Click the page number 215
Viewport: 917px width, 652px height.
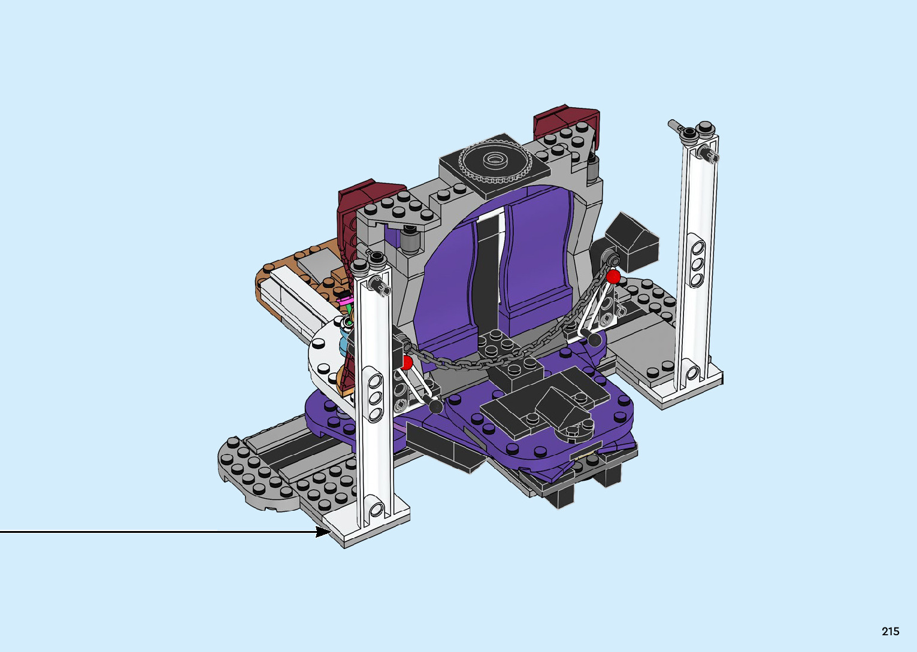pyautogui.click(x=891, y=631)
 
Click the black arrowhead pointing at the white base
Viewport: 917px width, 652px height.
pyautogui.click(x=323, y=532)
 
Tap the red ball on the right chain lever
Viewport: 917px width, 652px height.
pyautogui.click(x=613, y=277)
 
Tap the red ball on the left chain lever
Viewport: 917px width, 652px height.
pyautogui.click(x=407, y=363)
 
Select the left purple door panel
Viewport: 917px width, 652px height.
pyautogui.click(x=446, y=287)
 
